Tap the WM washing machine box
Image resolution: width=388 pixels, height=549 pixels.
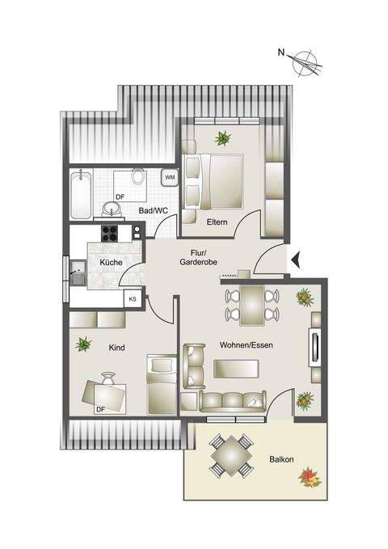[170, 176]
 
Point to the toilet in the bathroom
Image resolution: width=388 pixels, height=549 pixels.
[138, 175]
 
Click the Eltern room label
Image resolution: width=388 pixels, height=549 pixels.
[216, 222]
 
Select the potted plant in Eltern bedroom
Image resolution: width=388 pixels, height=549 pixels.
[221, 137]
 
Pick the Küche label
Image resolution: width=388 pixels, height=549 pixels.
[111, 264]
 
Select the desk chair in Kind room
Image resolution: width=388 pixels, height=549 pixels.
[109, 377]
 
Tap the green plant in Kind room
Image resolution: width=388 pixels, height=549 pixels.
[82, 345]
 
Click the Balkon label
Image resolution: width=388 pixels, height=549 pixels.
[281, 461]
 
